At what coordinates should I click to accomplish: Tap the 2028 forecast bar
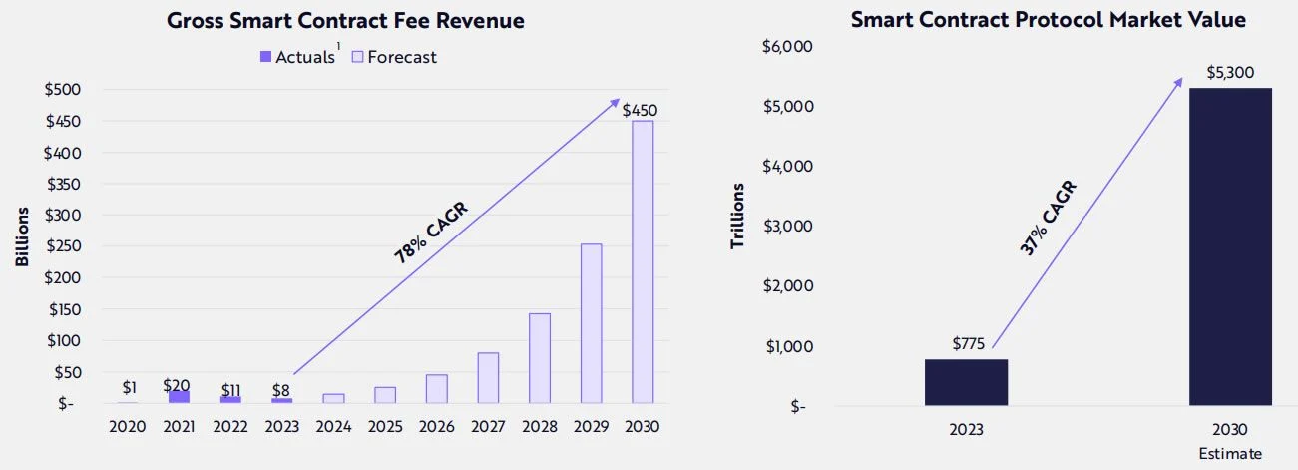point(539,358)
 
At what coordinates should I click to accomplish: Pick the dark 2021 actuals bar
point(179,397)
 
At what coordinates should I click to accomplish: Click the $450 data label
point(640,110)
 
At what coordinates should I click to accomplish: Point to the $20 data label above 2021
point(178,386)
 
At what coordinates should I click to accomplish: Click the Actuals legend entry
point(298,57)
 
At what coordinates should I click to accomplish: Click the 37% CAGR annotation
point(1049,219)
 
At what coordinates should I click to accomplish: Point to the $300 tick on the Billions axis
point(63,215)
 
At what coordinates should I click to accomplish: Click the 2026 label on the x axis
point(436,426)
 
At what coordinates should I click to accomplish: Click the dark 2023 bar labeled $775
point(966,382)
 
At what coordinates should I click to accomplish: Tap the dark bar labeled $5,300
point(1230,246)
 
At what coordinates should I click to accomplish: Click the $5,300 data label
point(1230,73)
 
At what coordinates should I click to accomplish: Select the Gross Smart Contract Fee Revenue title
point(345,20)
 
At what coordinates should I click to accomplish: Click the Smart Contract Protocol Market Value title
point(1049,20)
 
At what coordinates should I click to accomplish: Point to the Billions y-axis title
point(22,235)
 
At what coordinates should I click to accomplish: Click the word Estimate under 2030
point(1230,454)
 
